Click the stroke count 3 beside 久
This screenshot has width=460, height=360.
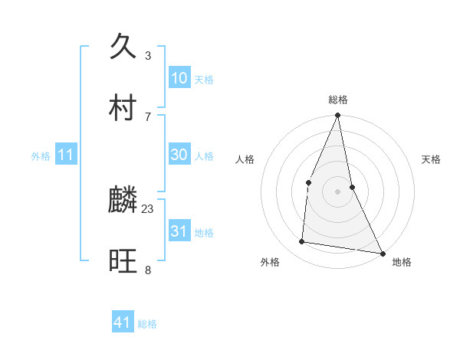pos(148,56)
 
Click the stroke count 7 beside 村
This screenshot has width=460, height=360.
pos(148,116)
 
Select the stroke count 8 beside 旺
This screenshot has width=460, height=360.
pos(148,270)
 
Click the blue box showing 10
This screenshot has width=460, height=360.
pos(179,78)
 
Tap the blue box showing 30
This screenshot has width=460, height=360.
pos(179,155)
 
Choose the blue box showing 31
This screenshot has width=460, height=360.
pos(179,231)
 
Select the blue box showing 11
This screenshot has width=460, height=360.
pos(66,155)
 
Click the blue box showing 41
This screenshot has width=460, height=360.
pos(123,322)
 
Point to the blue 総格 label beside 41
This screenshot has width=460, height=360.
pos(147,324)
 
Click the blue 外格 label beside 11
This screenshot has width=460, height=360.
pos(41,156)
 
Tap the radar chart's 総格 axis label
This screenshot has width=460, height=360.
pos(338,100)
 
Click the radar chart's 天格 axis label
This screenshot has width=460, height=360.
pos(432,159)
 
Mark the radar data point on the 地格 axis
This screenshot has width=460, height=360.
pos(382,253)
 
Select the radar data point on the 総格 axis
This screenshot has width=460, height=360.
pos(338,116)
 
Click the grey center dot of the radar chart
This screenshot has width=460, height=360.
pos(338,191)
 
